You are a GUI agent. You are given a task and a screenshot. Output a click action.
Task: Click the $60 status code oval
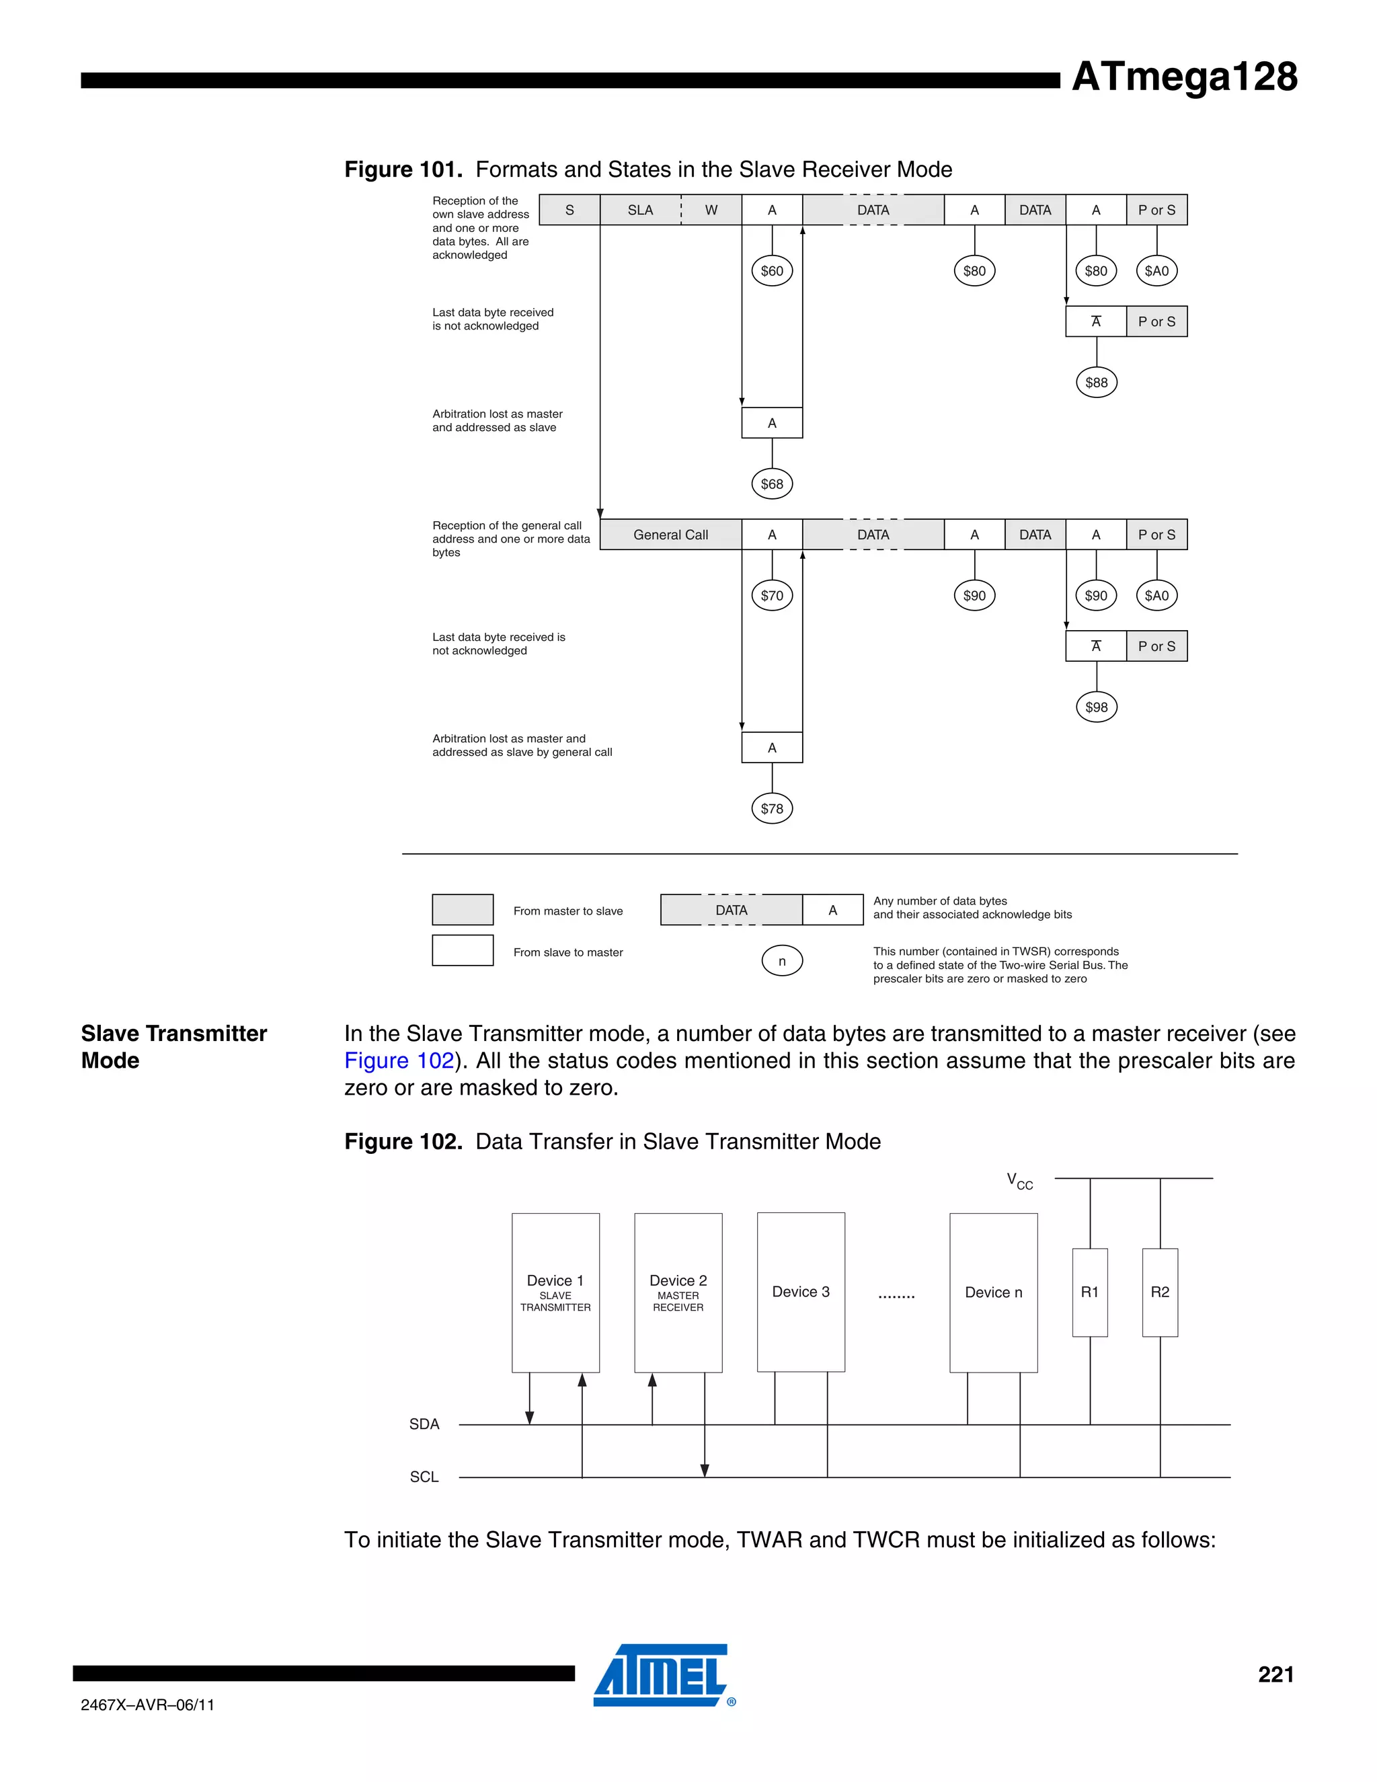point(772,271)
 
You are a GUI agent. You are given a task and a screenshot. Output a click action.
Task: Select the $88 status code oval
point(1097,383)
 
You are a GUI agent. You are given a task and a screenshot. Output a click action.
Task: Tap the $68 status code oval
point(772,484)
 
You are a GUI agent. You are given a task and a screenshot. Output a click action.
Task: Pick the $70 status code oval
point(772,596)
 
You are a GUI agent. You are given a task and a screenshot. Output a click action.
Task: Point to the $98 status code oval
point(1097,707)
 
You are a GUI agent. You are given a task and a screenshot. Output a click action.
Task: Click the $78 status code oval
point(772,808)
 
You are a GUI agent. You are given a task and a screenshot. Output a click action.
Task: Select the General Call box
point(670,535)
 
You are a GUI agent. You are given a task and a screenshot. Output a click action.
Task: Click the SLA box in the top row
point(640,210)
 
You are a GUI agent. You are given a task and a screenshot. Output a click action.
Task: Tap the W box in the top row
point(711,210)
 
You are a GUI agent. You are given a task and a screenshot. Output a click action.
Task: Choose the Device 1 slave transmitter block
point(555,1292)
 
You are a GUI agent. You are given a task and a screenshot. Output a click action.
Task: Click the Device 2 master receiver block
point(678,1292)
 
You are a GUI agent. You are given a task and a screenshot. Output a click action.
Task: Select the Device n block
point(994,1292)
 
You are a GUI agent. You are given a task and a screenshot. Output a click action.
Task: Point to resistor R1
point(1090,1292)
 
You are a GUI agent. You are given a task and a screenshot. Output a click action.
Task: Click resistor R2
point(1160,1292)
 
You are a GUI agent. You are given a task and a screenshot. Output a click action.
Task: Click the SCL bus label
point(424,1477)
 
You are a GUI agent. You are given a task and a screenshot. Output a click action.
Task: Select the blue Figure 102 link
point(399,1060)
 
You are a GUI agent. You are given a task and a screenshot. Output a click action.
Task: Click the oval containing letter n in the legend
point(781,961)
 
